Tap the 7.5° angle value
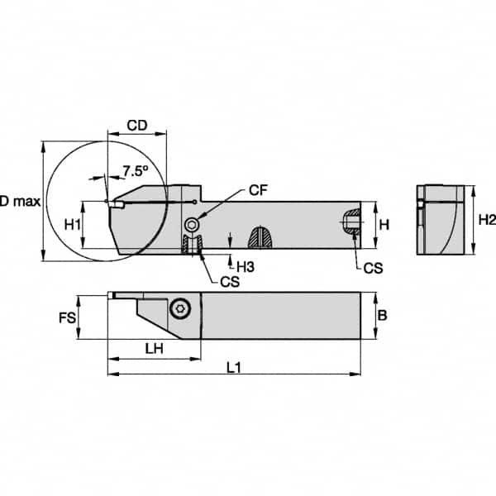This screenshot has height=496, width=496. point(135,171)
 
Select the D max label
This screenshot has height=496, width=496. point(17,201)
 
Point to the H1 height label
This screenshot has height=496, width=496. point(73,225)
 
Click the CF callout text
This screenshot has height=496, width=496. point(258,191)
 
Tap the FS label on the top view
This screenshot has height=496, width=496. point(67,316)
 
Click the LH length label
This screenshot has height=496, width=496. point(153,350)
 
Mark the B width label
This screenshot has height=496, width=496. point(381,315)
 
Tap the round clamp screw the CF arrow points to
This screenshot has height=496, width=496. point(193,223)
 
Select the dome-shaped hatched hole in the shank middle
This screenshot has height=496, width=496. point(261,239)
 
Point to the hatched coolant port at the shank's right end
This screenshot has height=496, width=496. point(351,222)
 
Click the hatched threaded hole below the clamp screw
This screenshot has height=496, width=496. point(193,246)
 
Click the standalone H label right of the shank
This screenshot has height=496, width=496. point(384,224)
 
